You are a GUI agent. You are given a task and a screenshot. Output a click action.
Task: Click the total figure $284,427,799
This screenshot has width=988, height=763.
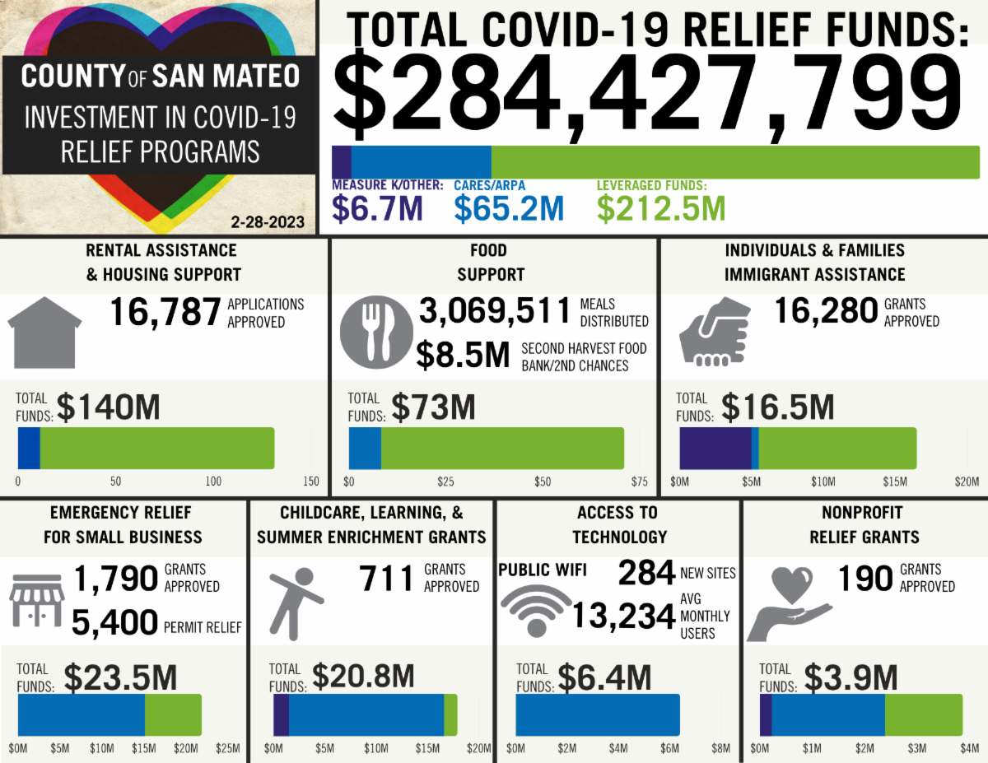point(647,92)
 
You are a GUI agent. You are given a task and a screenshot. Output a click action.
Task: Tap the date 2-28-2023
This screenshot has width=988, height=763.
point(268,222)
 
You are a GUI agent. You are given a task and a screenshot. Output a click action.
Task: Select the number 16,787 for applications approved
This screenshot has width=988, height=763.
point(165,313)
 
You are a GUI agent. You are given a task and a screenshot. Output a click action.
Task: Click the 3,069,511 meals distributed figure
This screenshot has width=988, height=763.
point(494,312)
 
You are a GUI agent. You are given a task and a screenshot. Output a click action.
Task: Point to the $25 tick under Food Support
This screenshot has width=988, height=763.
point(445,482)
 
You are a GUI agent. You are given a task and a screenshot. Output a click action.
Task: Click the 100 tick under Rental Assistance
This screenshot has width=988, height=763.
point(213,482)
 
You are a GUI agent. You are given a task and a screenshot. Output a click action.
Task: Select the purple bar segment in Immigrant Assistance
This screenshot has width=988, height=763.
point(715,448)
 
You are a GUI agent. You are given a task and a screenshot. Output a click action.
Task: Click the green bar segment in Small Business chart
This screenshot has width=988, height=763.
point(173,714)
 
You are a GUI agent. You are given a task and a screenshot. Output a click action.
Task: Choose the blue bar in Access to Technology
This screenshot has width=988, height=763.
point(598,714)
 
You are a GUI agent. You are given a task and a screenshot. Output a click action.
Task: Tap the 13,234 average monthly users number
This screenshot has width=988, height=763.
point(623,616)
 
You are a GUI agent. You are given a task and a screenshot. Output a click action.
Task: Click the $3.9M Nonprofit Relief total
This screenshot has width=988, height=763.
point(851,678)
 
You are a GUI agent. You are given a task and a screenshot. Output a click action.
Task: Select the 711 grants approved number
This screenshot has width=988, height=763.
point(386,579)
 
